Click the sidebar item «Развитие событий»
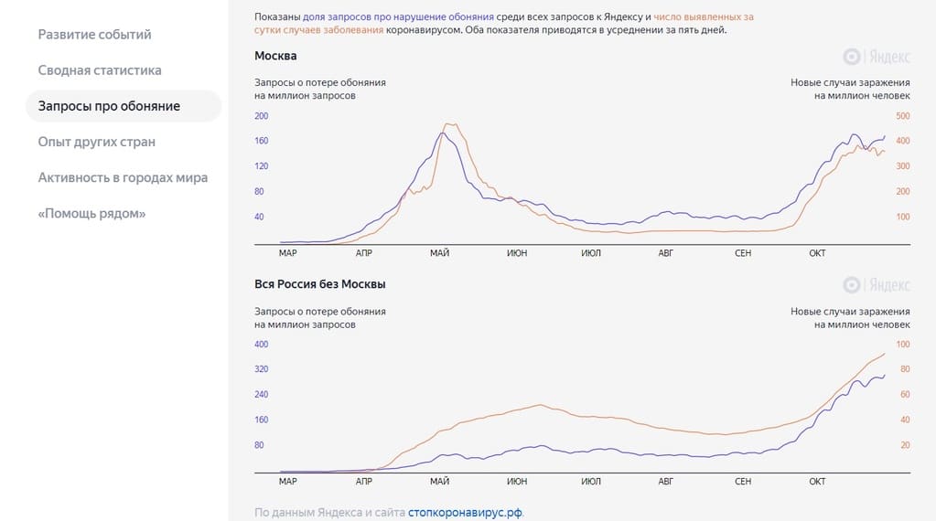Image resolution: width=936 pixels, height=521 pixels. click(x=95, y=35)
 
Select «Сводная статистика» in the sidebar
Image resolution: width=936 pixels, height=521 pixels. click(x=100, y=70)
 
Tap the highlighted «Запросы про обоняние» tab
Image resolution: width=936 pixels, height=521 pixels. click(x=110, y=106)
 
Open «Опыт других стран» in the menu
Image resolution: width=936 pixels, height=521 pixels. click(x=97, y=142)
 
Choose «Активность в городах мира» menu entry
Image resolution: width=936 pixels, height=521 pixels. click(x=123, y=177)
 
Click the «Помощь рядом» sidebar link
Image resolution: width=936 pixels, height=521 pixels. click(x=92, y=213)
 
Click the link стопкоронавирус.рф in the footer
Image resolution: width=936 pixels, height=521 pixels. click(x=466, y=513)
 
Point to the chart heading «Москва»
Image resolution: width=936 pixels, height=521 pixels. click(x=275, y=57)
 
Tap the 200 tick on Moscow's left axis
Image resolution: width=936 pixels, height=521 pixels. click(x=262, y=116)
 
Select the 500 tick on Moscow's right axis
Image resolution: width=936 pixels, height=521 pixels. click(x=902, y=116)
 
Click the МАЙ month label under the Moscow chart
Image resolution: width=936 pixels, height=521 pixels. click(x=439, y=253)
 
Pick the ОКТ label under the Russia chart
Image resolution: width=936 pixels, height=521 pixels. click(x=817, y=482)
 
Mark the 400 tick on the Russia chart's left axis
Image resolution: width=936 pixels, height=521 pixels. click(x=262, y=345)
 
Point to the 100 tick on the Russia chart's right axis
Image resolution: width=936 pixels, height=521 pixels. click(x=903, y=345)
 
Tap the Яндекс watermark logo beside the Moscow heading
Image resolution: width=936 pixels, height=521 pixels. click(x=876, y=57)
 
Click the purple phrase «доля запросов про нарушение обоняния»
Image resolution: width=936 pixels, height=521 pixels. click(x=399, y=17)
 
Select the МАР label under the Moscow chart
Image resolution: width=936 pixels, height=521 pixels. click(x=287, y=253)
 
